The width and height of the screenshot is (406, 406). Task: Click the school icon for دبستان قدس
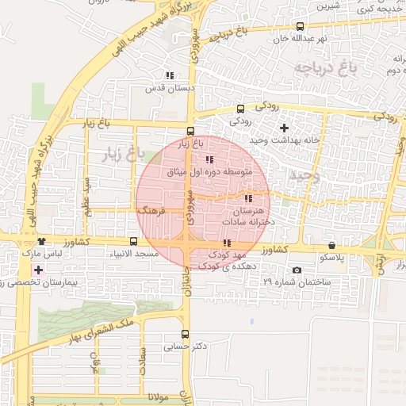point(169,75)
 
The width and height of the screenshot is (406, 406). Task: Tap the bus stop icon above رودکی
point(240,109)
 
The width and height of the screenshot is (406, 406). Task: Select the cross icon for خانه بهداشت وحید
point(284,128)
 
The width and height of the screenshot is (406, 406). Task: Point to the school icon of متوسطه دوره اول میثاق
point(209,160)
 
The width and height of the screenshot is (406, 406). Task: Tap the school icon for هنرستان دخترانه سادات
point(248,198)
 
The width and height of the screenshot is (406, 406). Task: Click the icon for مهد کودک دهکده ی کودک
point(227,243)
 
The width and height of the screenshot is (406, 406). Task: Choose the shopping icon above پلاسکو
point(331,245)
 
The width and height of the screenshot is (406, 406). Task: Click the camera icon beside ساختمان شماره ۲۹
point(297,270)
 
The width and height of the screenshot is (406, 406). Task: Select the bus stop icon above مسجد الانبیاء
point(132,241)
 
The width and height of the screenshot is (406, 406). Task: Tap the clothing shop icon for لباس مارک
point(41,241)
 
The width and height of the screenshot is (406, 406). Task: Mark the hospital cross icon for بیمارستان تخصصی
point(38,270)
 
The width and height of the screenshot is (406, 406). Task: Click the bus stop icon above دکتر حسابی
point(185,334)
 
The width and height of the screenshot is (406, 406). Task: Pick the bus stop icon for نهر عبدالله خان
point(298,26)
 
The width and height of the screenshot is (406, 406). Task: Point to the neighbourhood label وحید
point(304,176)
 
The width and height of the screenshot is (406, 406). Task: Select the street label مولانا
point(160,395)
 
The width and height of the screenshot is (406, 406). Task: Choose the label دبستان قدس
point(169,88)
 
